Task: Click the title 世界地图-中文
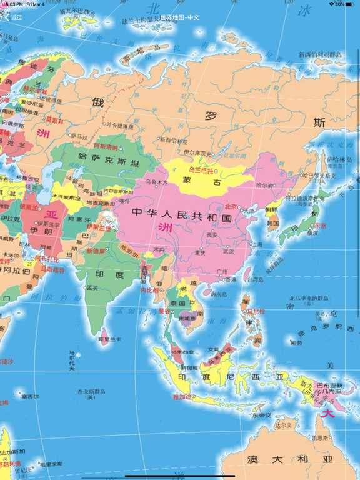tap(179, 17)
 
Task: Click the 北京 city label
tap(232, 206)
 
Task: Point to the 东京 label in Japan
tap(320, 226)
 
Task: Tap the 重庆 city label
tap(200, 252)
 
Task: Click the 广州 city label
tap(222, 271)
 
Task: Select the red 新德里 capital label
tap(97, 251)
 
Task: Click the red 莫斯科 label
tap(54, 118)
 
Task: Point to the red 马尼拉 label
tap(256, 311)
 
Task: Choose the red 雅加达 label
tap(184, 396)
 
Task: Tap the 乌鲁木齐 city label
tap(157, 182)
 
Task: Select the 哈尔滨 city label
tap(265, 185)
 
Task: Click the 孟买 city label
tap(92, 287)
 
